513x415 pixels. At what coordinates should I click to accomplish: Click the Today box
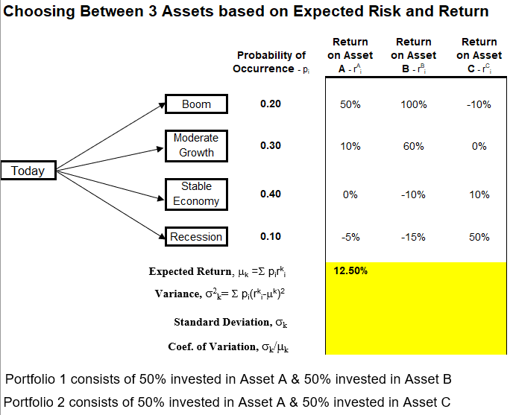pyautogui.click(x=28, y=171)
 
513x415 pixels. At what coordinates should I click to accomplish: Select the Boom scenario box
pyautogui.click(x=196, y=104)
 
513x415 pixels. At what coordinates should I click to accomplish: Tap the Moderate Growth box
pyautogui.click(x=196, y=145)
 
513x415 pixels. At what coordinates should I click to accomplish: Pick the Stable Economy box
pyautogui.click(x=196, y=194)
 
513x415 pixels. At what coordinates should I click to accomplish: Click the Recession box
pyautogui.click(x=196, y=237)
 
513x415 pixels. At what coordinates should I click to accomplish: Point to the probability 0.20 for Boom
pyautogui.click(x=271, y=104)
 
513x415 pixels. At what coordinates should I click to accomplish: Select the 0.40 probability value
pyautogui.click(x=271, y=194)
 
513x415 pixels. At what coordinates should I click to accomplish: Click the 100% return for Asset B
pyautogui.click(x=413, y=104)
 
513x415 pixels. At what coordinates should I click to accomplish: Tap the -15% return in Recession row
pyautogui.click(x=413, y=237)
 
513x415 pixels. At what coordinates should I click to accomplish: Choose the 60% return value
pyautogui.click(x=413, y=146)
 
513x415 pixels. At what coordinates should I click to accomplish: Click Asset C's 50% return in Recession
pyautogui.click(x=479, y=237)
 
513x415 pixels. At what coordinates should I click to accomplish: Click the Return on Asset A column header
pyautogui.click(x=350, y=55)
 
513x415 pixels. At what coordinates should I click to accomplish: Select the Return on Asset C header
pyautogui.click(x=479, y=55)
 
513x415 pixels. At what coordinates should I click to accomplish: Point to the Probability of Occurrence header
pyautogui.click(x=271, y=62)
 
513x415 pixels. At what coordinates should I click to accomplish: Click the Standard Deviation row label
pyautogui.click(x=232, y=322)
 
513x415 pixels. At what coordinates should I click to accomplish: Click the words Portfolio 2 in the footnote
pyautogui.click(x=32, y=402)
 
